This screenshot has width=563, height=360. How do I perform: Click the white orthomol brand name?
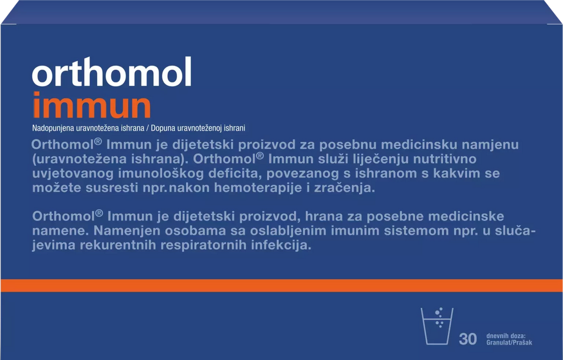(112, 72)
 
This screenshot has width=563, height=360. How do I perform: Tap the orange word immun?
(92, 105)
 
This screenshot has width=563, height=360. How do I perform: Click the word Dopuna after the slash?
(162, 128)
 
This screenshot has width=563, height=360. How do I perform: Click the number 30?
(468, 339)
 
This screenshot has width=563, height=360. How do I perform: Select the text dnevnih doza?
(506, 336)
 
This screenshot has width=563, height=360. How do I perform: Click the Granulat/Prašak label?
(509, 343)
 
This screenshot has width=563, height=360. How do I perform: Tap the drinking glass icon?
(437, 326)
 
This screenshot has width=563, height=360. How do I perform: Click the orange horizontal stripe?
(281, 286)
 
